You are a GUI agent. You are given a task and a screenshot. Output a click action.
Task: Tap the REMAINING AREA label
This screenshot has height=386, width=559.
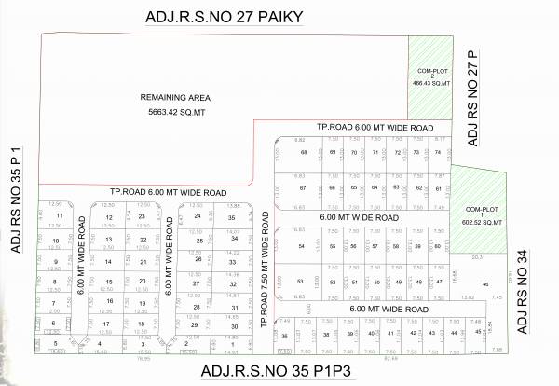[x=176, y=97]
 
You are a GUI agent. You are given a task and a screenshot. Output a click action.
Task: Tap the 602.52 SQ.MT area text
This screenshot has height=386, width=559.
[x=484, y=221]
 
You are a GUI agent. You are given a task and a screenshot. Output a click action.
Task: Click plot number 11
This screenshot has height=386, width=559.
[x=60, y=215]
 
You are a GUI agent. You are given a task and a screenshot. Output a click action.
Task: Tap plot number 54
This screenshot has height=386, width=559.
[x=301, y=245]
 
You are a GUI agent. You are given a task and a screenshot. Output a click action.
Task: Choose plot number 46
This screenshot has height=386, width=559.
[x=485, y=283]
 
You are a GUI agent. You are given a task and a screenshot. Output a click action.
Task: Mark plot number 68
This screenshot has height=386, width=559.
[x=304, y=152]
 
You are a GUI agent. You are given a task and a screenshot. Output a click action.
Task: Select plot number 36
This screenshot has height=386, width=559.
[x=285, y=335]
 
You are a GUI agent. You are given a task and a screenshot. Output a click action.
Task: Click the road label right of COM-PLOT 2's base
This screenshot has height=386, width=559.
[x=374, y=127]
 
